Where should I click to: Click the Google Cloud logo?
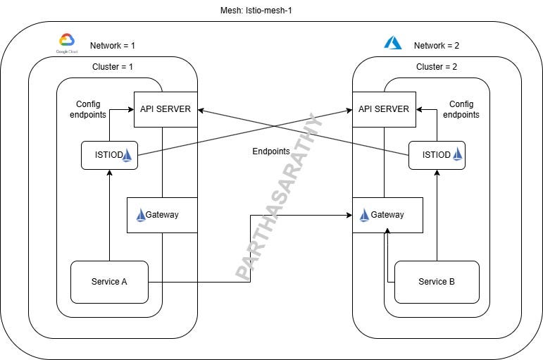pyautogui.click(x=66, y=43)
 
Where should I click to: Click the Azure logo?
pyautogui.click(x=392, y=43)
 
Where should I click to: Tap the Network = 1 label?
pyautogui.click(x=113, y=46)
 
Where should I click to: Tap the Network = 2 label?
pyautogui.click(x=437, y=46)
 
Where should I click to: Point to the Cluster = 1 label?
pyautogui.click(x=113, y=67)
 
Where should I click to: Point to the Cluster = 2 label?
pyautogui.click(x=437, y=67)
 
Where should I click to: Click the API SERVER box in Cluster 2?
pyautogui.click(x=384, y=109)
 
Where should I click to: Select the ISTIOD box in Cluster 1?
pyautogui.click(x=109, y=155)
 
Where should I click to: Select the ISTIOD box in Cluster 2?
pyautogui.click(x=437, y=155)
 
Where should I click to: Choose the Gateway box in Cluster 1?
pyautogui.click(x=162, y=215)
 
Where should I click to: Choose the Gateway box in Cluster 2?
pyautogui.click(x=387, y=215)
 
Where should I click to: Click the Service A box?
pyautogui.click(x=109, y=282)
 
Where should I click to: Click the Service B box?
pyautogui.click(x=437, y=282)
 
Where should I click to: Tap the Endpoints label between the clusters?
pyautogui.click(x=271, y=151)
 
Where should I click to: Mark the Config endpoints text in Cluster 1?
pyautogui.click(x=88, y=108)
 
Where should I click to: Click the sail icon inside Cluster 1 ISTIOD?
pyautogui.click(x=127, y=155)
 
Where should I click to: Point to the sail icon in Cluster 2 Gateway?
pyautogui.click(x=364, y=215)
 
